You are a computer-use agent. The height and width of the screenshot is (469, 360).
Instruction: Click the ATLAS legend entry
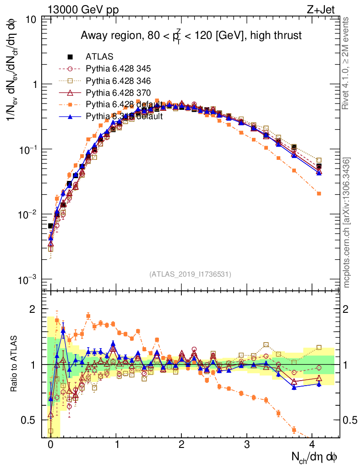pos(99,57)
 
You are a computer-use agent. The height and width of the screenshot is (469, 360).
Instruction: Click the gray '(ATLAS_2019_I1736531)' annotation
pos(190,274)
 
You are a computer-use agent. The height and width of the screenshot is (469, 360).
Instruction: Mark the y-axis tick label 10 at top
pos(31,19)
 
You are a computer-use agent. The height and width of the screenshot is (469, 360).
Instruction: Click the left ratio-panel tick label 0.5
pos(28,420)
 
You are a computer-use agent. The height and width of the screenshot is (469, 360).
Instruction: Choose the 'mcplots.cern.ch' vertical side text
pos(347,222)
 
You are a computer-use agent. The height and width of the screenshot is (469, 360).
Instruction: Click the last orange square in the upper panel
pos(319,194)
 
